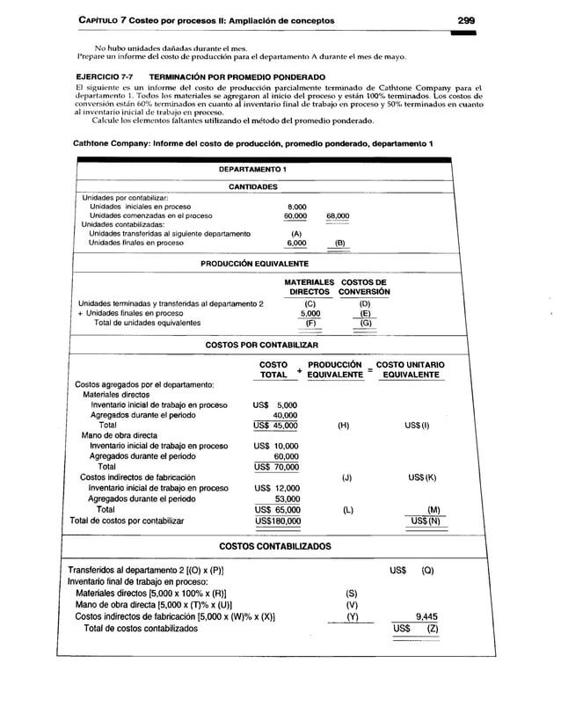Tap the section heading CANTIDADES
(253, 187)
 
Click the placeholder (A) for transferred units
(295, 234)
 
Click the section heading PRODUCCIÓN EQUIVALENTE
(254, 264)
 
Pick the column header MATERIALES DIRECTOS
(310, 287)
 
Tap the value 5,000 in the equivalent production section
(310, 313)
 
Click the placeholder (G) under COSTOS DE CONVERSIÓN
(364, 323)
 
